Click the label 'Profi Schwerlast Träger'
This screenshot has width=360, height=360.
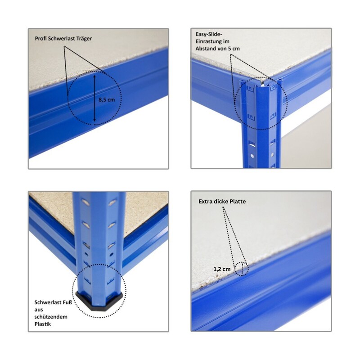click(63, 39)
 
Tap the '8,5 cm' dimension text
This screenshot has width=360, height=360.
click(107, 99)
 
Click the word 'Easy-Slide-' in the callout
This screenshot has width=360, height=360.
click(209, 34)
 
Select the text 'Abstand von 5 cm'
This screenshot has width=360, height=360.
click(217, 49)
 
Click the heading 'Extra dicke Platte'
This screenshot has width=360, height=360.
click(222, 202)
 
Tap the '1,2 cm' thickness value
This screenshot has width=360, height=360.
click(222, 269)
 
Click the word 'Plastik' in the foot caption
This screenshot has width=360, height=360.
click(43, 324)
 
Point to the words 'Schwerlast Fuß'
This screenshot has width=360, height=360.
click(53, 302)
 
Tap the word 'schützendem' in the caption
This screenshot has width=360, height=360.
click(51, 317)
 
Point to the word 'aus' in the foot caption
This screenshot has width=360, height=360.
click(39, 310)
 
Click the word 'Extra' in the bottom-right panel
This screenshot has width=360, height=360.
click(205, 202)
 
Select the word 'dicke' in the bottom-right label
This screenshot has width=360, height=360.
click(220, 202)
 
